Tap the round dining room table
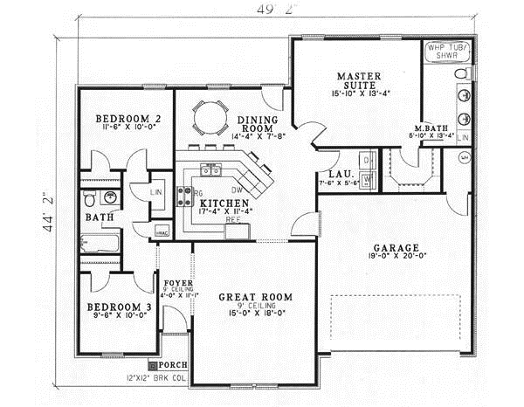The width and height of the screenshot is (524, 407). [x=209, y=115]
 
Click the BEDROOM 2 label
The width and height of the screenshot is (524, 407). [x=121, y=119]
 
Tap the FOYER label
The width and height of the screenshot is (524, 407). [x=177, y=284]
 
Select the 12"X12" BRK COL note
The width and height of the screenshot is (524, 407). [x=156, y=378]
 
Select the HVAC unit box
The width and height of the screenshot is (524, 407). [x=162, y=232]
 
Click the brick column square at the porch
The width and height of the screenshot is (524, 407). [x=152, y=364]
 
